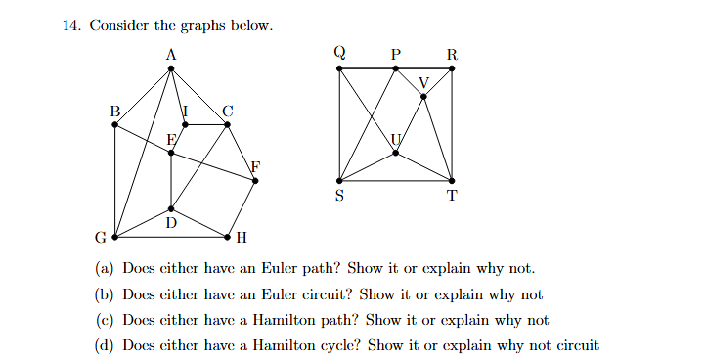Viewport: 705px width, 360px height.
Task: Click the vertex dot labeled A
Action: click(171, 68)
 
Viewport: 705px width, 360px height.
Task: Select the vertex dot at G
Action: click(115, 237)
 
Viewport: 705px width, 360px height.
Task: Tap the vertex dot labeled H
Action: click(228, 237)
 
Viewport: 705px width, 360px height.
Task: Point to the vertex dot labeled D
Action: click(171, 209)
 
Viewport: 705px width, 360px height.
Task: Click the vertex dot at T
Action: click(452, 181)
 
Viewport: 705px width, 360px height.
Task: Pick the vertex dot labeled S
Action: click(339, 181)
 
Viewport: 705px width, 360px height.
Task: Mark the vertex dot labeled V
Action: click(423, 96)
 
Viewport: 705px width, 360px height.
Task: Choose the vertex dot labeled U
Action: click(396, 153)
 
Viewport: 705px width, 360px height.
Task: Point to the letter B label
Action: click(113, 112)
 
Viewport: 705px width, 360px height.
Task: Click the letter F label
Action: click(256, 166)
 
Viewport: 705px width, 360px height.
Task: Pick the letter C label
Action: click(228, 112)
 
